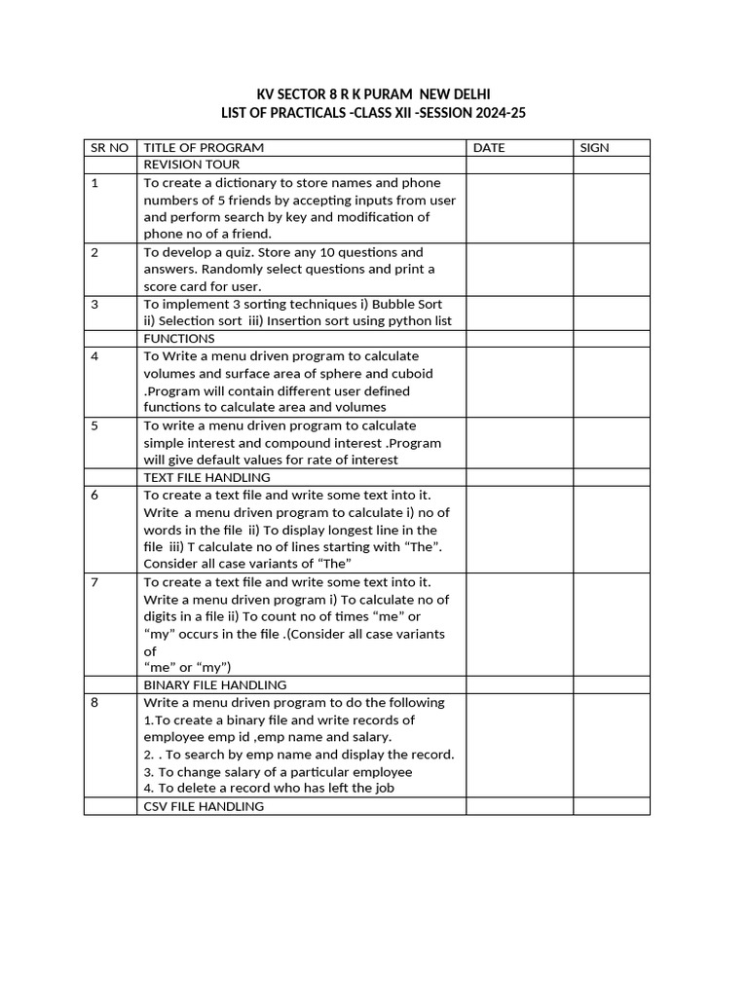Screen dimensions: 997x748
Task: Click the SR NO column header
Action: coord(109,148)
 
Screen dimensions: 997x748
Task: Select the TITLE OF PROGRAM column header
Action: coord(204,148)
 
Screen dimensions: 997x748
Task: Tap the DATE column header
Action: coord(489,148)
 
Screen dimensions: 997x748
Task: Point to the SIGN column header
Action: coord(594,148)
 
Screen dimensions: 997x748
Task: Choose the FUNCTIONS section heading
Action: coord(179,339)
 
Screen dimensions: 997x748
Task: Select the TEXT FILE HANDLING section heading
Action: coord(206,478)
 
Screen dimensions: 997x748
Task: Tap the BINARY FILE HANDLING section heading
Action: coord(214,685)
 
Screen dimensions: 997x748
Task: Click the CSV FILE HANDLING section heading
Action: coord(204,806)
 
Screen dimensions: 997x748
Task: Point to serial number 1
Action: coord(94,183)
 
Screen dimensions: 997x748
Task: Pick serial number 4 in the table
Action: coord(94,356)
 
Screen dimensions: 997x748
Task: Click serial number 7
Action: coord(94,582)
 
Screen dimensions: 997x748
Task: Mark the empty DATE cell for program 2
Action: coord(519,270)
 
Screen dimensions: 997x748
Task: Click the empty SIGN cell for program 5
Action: coord(611,443)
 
